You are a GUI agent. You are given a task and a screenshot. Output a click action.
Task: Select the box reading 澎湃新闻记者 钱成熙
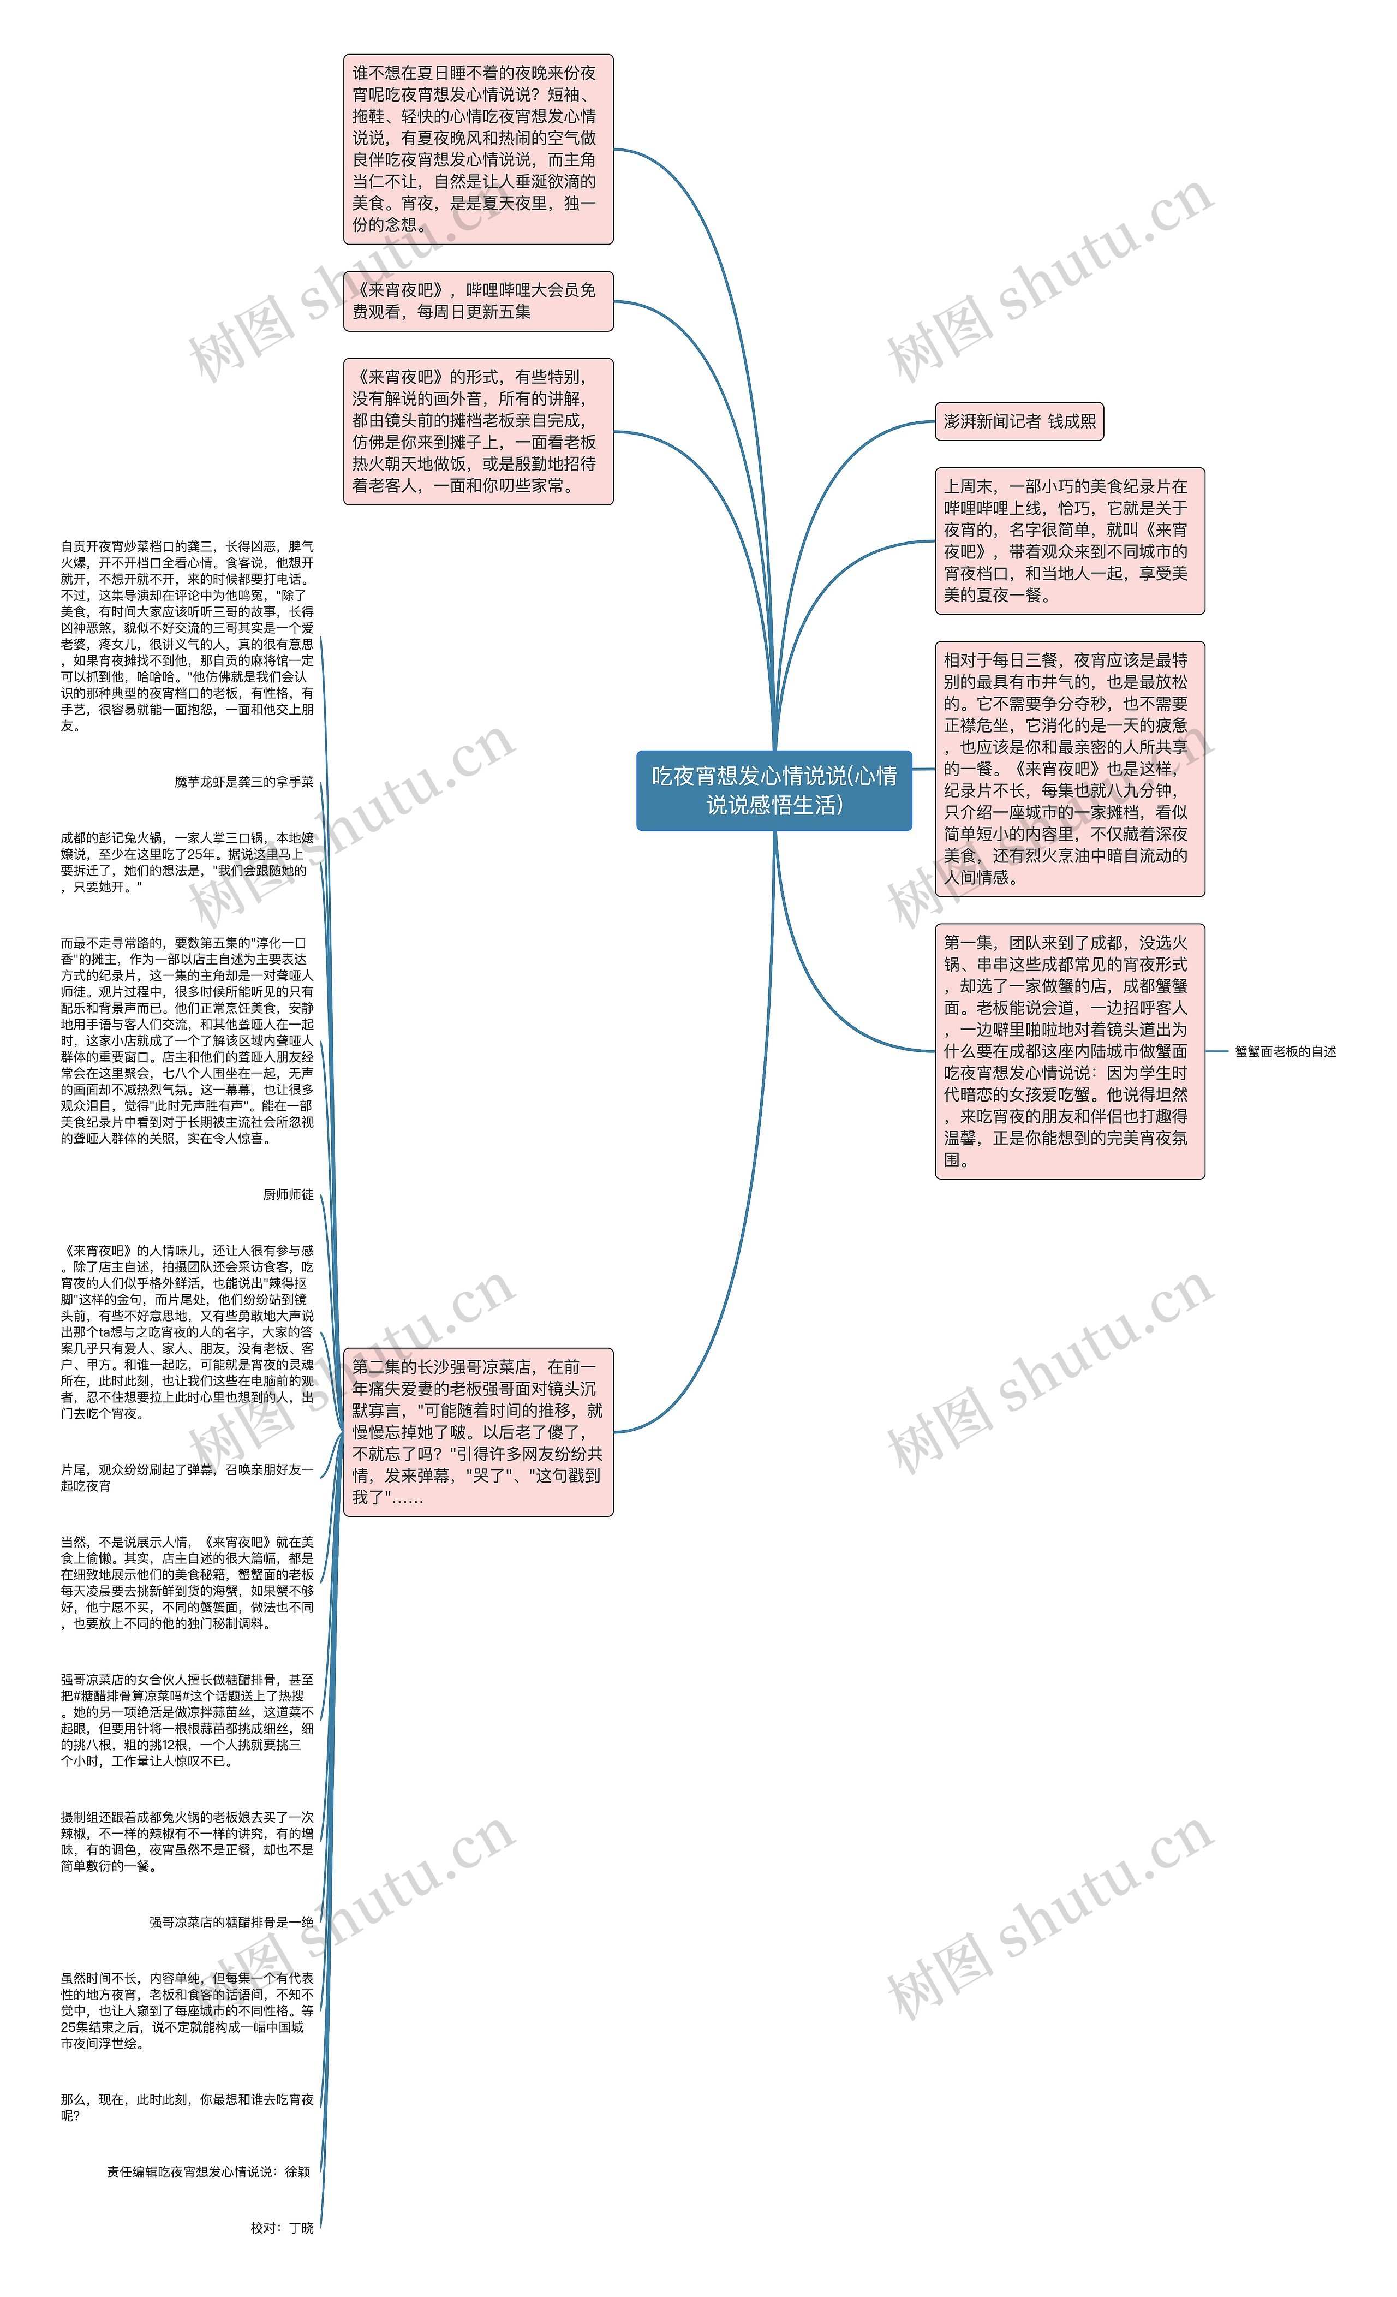(x=1019, y=421)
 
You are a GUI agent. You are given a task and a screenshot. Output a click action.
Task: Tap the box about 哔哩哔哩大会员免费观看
(x=478, y=301)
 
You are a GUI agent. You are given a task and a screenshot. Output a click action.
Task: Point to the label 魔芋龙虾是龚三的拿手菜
(x=243, y=782)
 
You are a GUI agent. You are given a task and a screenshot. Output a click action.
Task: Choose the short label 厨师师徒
(x=288, y=1194)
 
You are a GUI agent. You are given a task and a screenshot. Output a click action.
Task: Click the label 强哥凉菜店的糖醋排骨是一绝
(x=231, y=1922)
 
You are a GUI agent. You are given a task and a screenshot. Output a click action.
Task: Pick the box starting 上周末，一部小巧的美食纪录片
(x=1069, y=541)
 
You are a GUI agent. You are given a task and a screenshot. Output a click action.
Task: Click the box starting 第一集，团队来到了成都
(x=1069, y=1051)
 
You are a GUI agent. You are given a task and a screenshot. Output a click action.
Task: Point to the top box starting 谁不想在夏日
(x=478, y=149)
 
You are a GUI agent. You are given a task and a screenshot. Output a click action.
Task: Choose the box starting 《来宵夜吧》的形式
(x=478, y=432)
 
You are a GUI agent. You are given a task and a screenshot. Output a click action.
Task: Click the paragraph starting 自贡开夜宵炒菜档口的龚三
(x=187, y=636)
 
